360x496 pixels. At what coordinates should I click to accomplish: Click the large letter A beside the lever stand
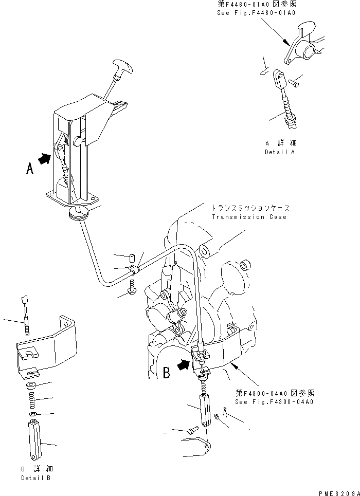pyautogui.click(x=30, y=168)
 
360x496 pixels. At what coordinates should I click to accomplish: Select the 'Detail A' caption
pyautogui.click(x=281, y=152)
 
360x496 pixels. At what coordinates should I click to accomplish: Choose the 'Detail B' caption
pyautogui.click(x=36, y=478)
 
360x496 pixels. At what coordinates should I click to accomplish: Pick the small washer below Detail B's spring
pyautogui.click(x=32, y=414)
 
